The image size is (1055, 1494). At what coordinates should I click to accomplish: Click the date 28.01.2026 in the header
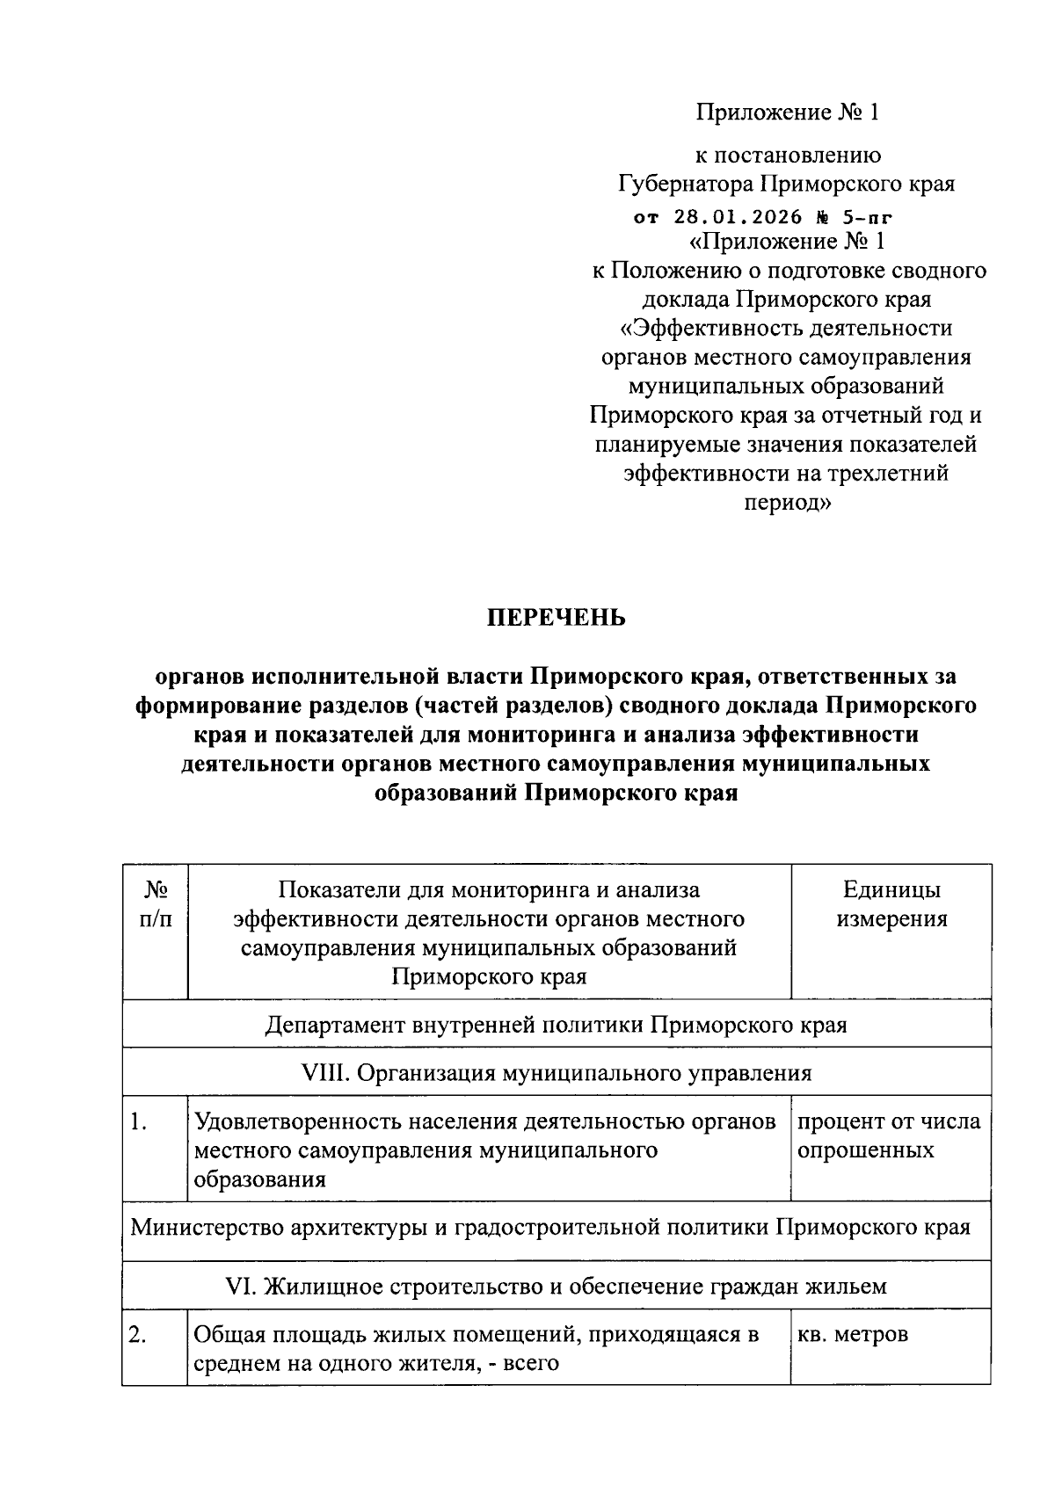click(x=738, y=217)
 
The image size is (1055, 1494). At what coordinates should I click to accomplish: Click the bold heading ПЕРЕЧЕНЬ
click(x=557, y=618)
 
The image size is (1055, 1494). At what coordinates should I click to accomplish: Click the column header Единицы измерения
click(x=891, y=904)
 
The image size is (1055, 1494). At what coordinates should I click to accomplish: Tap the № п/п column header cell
click(x=156, y=904)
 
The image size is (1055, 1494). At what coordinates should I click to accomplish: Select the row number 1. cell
click(x=137, y=1121)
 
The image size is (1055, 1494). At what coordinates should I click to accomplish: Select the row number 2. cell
click(x=137, y=1335)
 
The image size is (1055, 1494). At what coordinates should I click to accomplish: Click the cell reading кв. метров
click(x=852, y=1335)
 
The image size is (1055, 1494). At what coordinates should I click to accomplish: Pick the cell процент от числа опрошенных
click(x=888, y=1135)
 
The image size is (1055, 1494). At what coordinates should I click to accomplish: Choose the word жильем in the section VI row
click(x=847, y=1287)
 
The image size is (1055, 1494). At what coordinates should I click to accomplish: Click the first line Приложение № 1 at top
click(x=787, y=112)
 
